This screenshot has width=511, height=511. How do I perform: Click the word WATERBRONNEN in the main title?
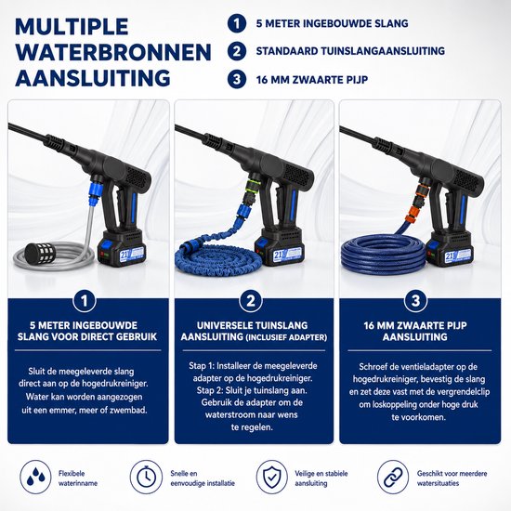(x=113, y=52)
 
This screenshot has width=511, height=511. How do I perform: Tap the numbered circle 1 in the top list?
(x=237, y=23)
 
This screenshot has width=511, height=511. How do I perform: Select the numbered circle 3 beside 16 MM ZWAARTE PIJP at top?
(x=237, y=80)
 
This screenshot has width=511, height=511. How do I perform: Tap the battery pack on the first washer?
(x=122, y=247)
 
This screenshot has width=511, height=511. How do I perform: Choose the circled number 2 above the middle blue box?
(x=251, y=301)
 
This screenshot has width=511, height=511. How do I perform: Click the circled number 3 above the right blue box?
(x=415, y=301)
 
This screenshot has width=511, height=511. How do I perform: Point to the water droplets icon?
(x=35, y=478)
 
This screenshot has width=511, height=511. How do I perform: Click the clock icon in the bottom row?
(x=146, y=478)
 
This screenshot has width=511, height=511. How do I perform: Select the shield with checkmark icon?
(x=272, y=478)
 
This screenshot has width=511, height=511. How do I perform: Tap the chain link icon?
(x=393, y=478)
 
